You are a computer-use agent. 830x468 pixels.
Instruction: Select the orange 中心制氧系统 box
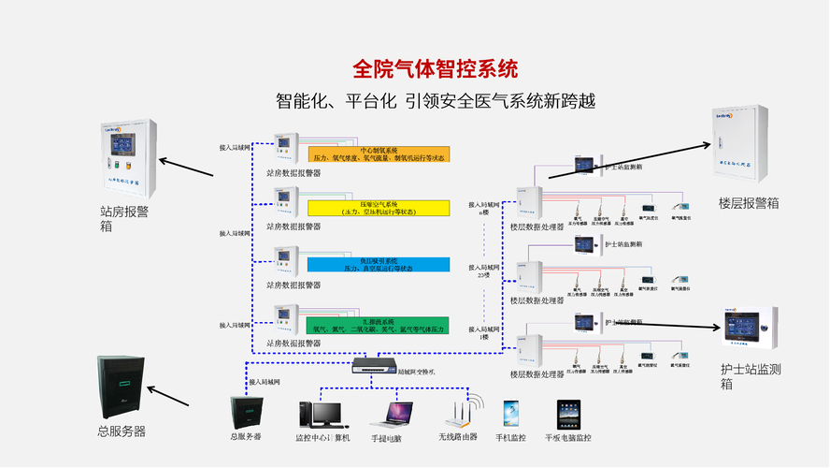(379, 154)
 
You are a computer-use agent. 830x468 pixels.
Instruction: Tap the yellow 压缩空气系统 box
(379, 208)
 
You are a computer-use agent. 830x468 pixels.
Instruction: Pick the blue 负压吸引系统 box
(379, 264)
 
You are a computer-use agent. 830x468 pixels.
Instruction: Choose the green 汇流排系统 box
(379, 325)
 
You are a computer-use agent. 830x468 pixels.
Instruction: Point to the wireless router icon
(460, 414)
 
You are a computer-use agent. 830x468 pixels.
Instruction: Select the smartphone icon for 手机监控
(510, 414)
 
